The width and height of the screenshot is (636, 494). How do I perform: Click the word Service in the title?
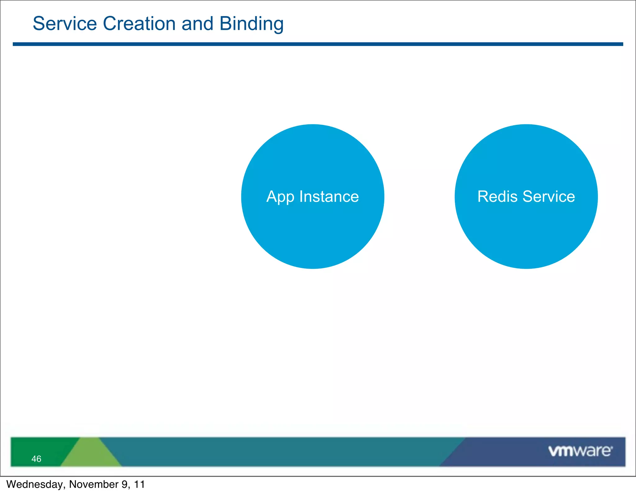pos(65,24)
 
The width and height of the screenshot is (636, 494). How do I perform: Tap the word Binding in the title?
pos(251,24)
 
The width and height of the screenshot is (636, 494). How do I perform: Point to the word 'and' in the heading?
pos(198,24)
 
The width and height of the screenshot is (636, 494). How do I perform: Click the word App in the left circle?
pos(280,197)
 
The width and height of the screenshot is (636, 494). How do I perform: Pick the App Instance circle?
pos(313,236)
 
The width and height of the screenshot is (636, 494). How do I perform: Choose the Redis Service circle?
pos(526,236)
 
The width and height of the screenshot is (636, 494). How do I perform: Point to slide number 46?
pos(36,459)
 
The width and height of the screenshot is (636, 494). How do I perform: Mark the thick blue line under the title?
pos(318,44)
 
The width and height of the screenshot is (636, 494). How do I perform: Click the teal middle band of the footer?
pos(279,452)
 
